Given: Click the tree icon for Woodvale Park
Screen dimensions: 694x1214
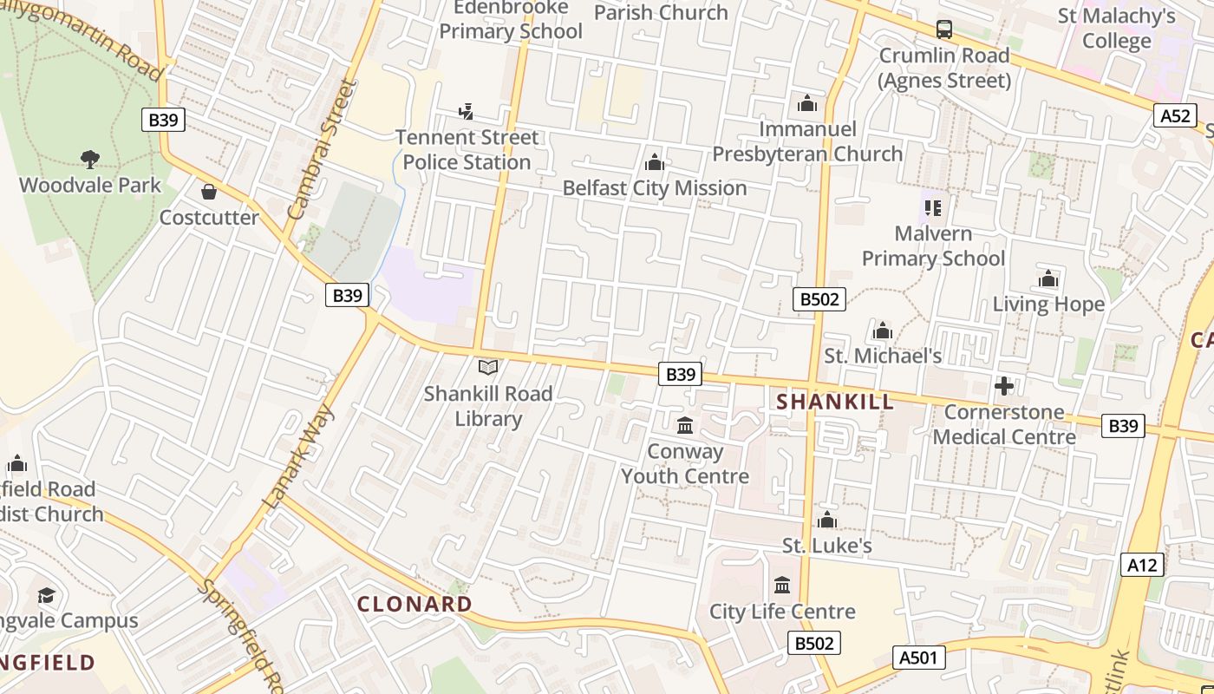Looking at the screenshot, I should pyautogui.click(x=89, y=159).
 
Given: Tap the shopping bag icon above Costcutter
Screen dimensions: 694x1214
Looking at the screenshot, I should pyautogui.click(x=208, y=192).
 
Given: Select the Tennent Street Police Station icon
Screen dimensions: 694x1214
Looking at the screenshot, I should pyautogui.click(x=466, y=111).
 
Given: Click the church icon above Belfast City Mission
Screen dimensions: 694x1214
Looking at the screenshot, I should pyautogui.click(x=655, y=162).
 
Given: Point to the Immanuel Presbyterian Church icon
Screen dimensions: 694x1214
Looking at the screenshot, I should pyautogui.click(x=807, y=103).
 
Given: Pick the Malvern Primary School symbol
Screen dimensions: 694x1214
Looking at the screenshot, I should pyautogui.click(x=933, y=208).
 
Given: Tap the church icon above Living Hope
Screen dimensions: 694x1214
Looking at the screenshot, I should pyautogui.click(x=1048, y=279).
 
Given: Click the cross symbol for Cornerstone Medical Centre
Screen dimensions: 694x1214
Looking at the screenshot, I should pyautogui.click(x=1004, y=386).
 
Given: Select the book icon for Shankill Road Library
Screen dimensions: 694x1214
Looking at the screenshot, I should pyautogui.click(x=488, y=368).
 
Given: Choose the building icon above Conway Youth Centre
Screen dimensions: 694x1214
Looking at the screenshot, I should pyautogui.click(x=685, y=425).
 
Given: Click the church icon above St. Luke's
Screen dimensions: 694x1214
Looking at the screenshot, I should pyautogui.click(x=826, y=520).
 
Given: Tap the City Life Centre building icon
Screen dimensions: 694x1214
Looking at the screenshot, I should pyautogui.click(x=782, y=586).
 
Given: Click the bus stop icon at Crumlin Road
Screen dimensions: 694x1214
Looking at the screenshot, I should pyautogui.click(x=944, y=29).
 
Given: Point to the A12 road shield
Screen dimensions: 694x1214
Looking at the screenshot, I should pyautogui.click(x=1142, y=566).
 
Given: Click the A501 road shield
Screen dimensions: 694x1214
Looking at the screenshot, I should pyautogui.click(x=918, y=658).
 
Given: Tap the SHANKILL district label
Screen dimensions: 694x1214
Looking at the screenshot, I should pyautogui.click(x=835, y=402).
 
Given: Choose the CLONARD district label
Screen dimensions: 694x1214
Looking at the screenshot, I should pyautogui.click(x=415, y=604).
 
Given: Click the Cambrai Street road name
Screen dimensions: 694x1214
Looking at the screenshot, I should pyautogui.click(x=322, y=148).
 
